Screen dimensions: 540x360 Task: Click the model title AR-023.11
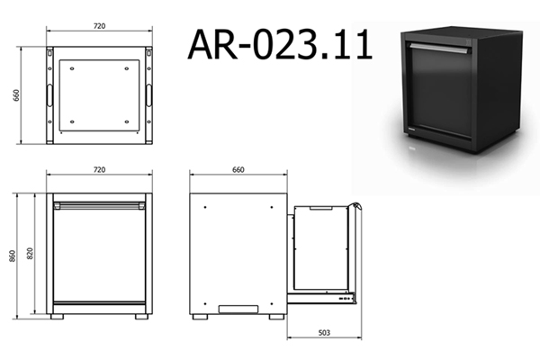click(280, 44)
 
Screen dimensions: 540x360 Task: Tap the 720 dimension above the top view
click(100, 26)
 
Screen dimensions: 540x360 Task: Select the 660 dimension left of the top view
click(16, 95)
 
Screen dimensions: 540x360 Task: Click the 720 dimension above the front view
click(100, 169)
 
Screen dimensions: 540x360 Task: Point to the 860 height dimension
click(12, 256)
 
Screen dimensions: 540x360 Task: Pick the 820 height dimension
click(30, 254)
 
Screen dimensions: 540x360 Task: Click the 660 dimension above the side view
click(238, 169)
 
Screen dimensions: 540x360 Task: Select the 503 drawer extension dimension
click(324, 332)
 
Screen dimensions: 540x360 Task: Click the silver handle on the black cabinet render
click(438, 49)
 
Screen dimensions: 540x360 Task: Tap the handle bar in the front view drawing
click(100, 206)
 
